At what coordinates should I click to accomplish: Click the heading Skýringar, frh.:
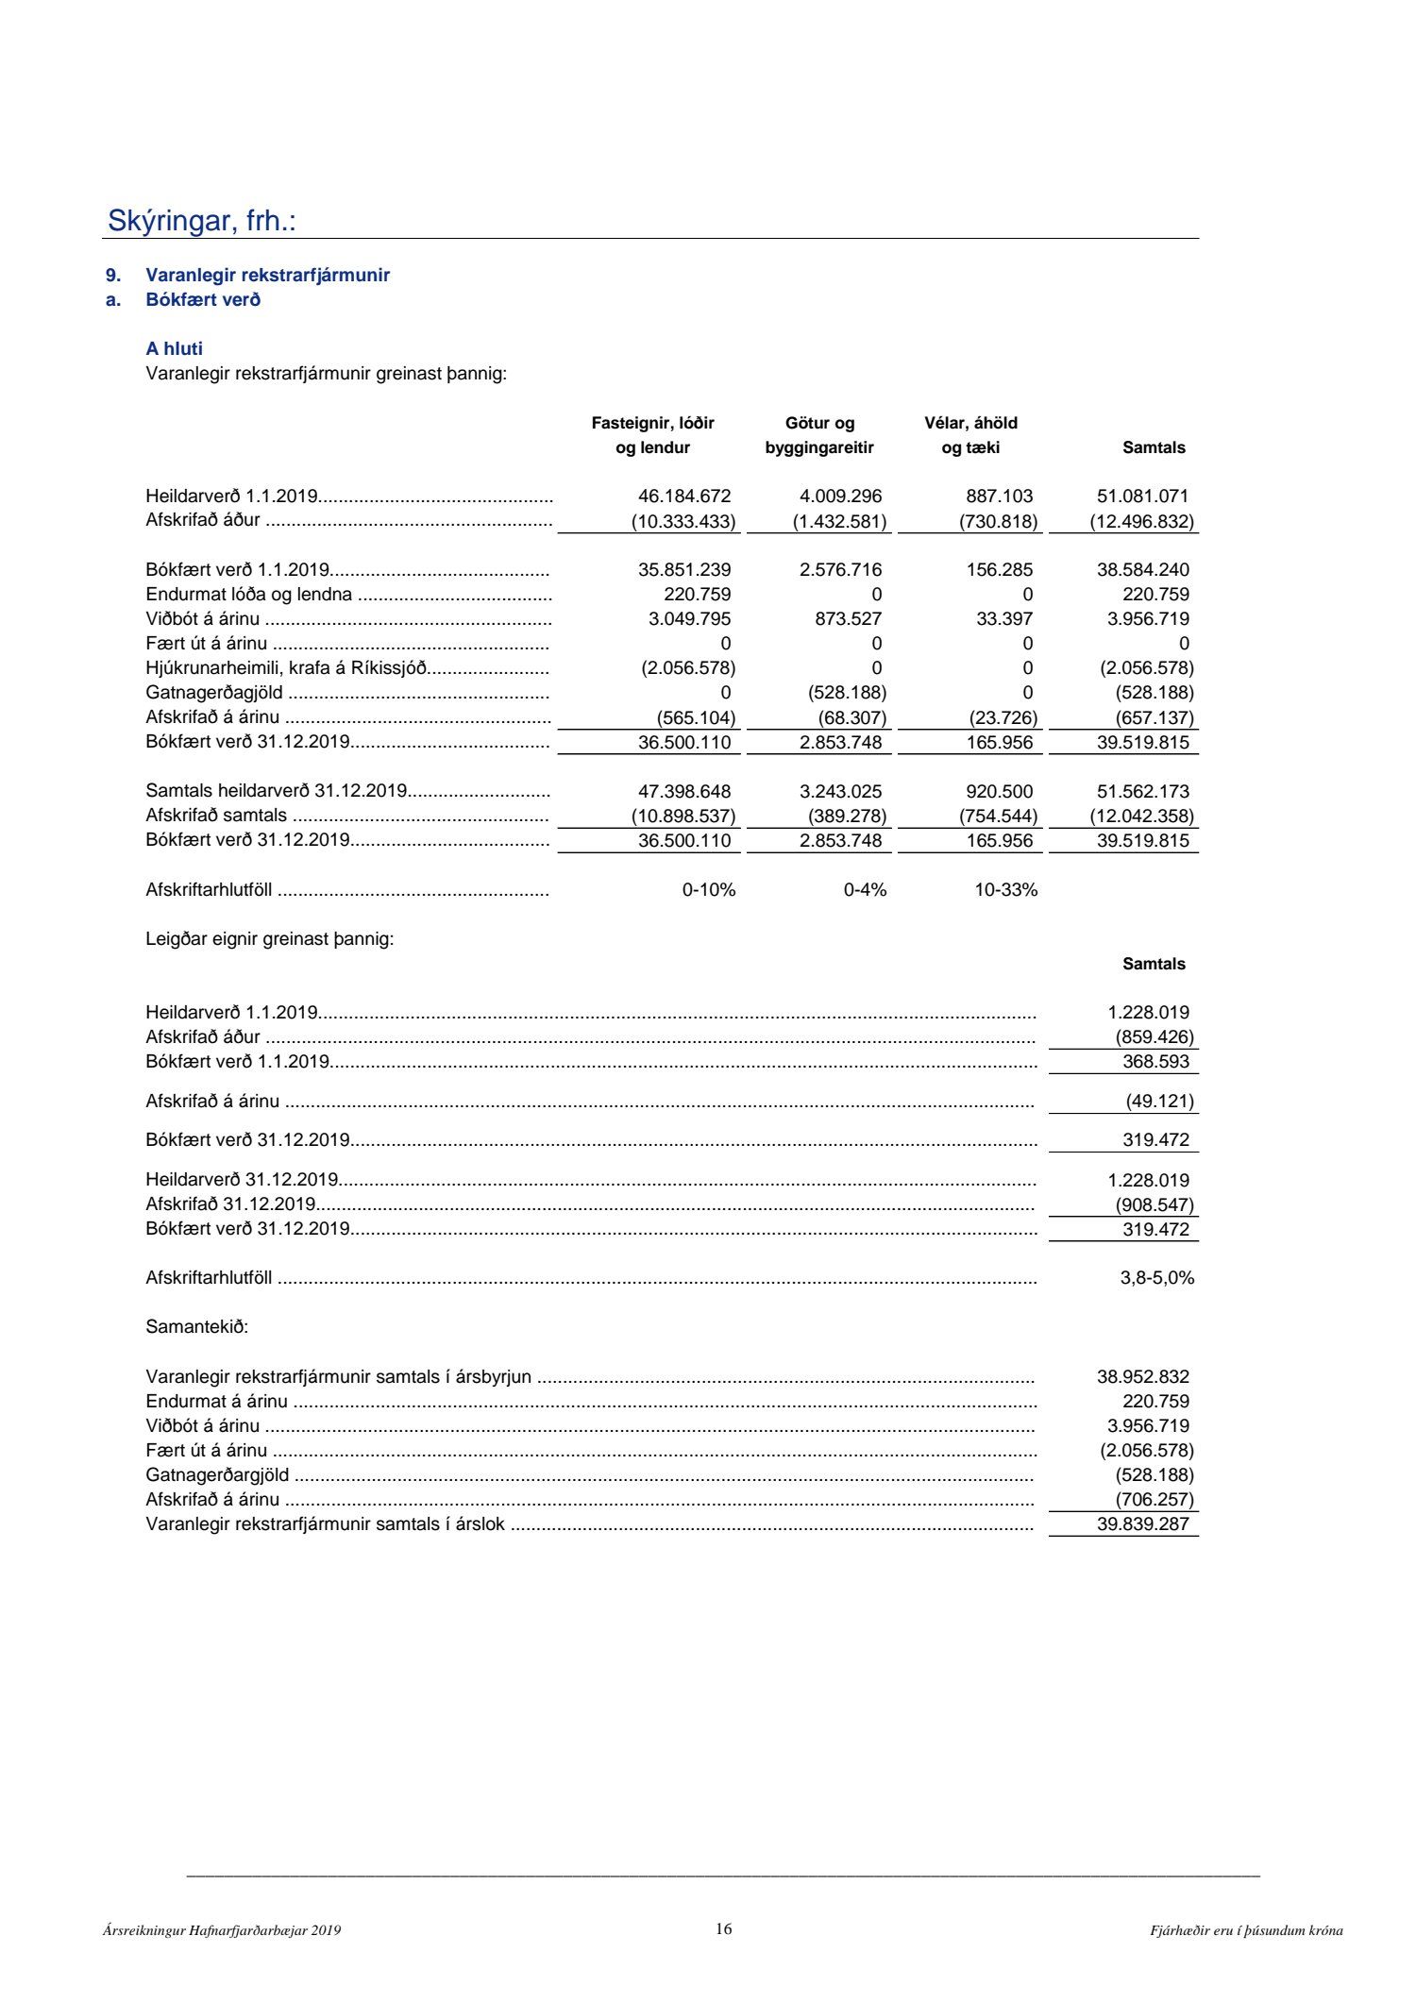(x=202, y=221)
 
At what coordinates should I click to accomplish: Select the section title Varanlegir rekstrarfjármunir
(x=267, y=276)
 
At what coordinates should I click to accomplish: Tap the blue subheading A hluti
(x=175, y=349)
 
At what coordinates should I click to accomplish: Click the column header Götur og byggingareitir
(x=819, y=435)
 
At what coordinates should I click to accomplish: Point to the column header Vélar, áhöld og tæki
(x=970, y=435)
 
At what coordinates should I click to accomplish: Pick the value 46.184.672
(x=684, y=497)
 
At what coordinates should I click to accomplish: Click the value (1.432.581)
(x=839, y=521)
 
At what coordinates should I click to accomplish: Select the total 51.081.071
(x=1142, y=497)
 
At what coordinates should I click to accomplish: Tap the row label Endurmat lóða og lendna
(x=249, y=595)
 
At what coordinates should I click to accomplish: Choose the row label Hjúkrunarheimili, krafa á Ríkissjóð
(x=287, y=668)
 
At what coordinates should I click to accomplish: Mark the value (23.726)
(x=1003, y=717)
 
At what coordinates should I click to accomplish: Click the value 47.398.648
(x=684, y=792)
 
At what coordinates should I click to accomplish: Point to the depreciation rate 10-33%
(x=1005, y=890)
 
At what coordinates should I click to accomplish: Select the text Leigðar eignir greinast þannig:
(x=270, y=940)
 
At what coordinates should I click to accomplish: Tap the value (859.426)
(x=1154, y=1037)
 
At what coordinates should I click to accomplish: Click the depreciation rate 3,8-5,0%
(x=1156, y=1278)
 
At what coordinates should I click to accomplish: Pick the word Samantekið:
(x=196, y=1327)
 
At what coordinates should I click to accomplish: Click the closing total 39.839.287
(x=1142, y=1524)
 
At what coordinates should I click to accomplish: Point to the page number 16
(x=723, y=1929)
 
